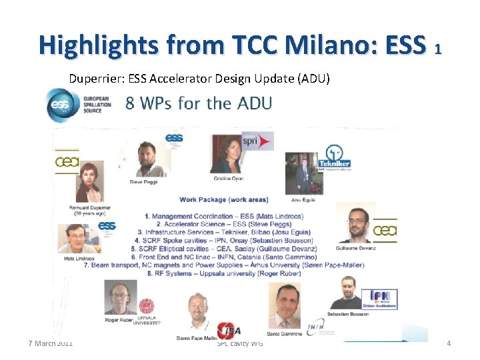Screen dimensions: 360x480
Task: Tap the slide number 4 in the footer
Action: click(x=449, y=343)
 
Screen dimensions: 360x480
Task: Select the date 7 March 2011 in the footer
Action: click(x=51, y=343)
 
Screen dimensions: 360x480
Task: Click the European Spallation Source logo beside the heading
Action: click(x=74, y=105)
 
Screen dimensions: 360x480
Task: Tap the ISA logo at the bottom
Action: click(x=226, y=329)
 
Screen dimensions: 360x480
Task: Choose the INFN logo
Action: click(x=315, y=327)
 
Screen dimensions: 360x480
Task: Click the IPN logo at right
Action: click(x=383, y=299)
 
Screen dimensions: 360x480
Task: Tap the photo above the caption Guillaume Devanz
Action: click(x=357, y=223)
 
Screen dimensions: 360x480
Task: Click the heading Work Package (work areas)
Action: click(x=223, y=199)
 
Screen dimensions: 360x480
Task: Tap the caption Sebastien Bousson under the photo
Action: click(x=347, y=314)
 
